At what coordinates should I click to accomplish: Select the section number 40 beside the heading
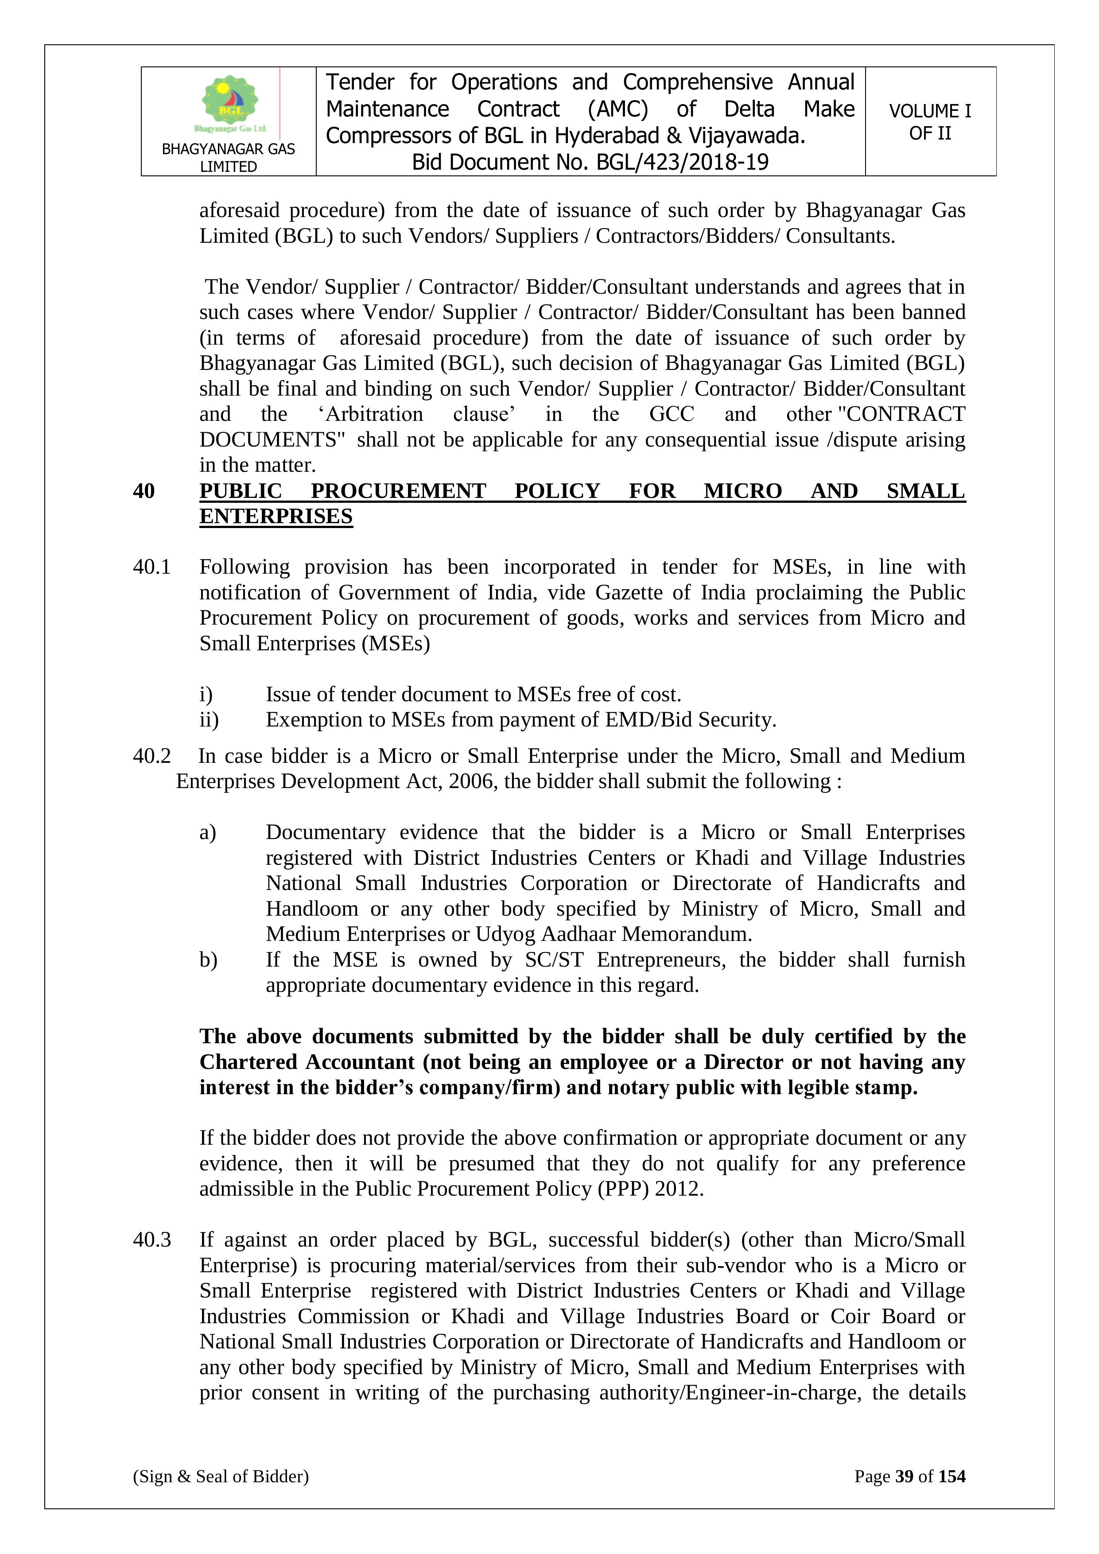coord(144,491)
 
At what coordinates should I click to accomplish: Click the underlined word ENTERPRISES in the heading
coord(276,517)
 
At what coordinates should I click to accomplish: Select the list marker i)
coord(206,695)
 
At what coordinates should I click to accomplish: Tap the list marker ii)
coord(209,719)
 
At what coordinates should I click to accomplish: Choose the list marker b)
coord(208,960)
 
